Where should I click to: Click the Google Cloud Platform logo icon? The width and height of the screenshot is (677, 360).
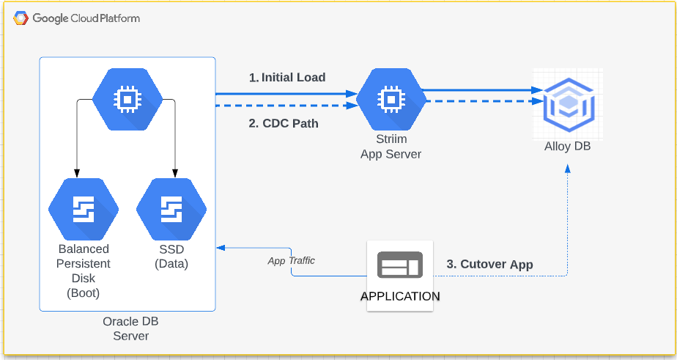pos(21,18)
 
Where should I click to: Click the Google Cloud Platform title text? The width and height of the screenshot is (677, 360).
pos(86,18)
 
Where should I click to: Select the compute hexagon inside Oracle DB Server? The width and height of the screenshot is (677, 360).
pos(127,99)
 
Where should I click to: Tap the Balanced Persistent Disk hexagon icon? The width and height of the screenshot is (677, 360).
pos(84,209)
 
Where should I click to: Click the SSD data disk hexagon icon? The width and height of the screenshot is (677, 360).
pos(171,209)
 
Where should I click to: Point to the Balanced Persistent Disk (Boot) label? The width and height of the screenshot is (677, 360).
pos(84,271)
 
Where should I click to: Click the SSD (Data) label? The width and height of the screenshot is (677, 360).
pos(171,257)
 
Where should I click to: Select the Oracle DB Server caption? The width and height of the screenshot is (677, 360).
pos(130,328)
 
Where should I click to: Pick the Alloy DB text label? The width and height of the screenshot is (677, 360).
pos(567,147)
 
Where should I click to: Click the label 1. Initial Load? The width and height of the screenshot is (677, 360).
pos(287,77)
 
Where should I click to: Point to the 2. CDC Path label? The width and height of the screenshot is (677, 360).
pos(284,123)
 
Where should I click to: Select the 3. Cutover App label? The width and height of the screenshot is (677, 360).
pos(489,264)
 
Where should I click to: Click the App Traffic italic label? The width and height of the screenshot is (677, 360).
pos(291,260)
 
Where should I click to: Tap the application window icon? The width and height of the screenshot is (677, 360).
pos(399,265)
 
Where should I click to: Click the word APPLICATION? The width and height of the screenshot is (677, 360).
pos(400,296)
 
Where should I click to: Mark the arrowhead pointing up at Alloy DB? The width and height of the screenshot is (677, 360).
pos(568,168)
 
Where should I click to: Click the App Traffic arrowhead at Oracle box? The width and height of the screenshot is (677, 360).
pos(221,249)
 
